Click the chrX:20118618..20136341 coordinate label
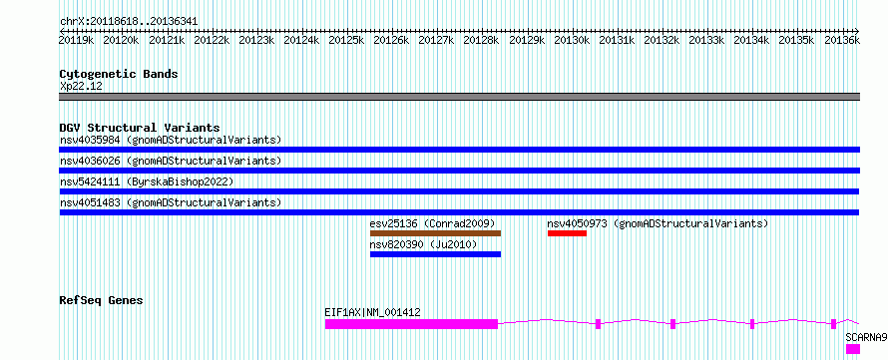pos(129,22)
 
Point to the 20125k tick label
pos(346,40)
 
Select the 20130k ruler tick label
pos(572,40)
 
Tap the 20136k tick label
pos(842,40)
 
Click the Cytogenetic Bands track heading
pos(119,74)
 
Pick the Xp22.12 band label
pos(81,87)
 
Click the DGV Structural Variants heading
pos(140,128)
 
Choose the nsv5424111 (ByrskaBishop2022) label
pos(147,181)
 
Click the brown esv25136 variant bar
pos(435,233)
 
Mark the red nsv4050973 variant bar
pos(567,233)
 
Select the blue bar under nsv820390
pos(435,254)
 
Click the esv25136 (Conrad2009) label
pos(433,223)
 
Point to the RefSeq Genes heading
pos(101,300)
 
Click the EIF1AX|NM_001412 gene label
pos(372,312)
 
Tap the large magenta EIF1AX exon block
pos(411,324)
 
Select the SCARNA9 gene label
pos(866,337)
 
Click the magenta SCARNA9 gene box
pos(853,349)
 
